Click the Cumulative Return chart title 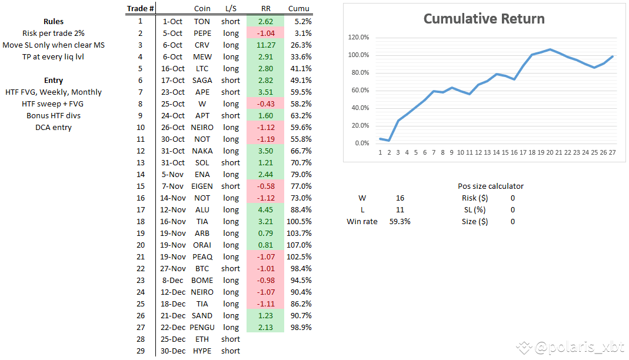pos(484,19)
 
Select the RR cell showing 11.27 pos(265,45)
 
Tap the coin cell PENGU pos(202,327)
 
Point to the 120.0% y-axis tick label pos(358,37)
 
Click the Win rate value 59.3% pos(400,221)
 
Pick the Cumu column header pos(299,8)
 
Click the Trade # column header pos(141,8)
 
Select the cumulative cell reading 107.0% pos(299,245)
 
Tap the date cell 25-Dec pos(173,339)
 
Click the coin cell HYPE pos(202,351)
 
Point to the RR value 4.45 pos(265,209)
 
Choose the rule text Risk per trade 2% pos(54,34)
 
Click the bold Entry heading pos(54,80)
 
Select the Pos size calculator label pos(491,186)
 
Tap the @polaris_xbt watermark pos(570,347)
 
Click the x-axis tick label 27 pos(612,152)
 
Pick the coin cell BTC pos(202,269)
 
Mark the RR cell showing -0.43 pos(265,104)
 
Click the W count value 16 pos(400,198)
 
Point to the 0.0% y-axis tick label pos(362,143)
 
